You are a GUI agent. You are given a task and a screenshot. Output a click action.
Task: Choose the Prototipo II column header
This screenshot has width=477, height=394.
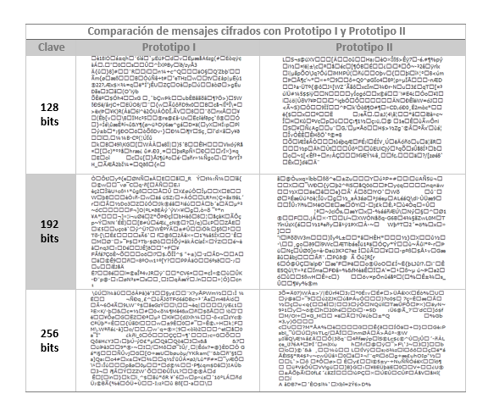pyautogui.click(x=363, y=44)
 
